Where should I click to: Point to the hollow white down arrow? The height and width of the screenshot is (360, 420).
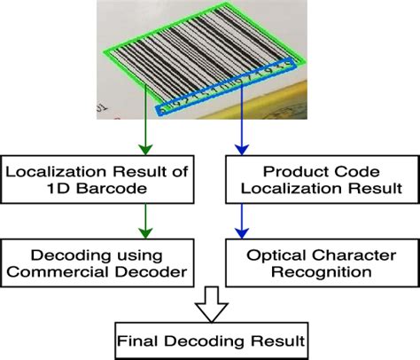[209, 303]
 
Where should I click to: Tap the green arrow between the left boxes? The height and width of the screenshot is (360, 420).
[143, 221]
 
